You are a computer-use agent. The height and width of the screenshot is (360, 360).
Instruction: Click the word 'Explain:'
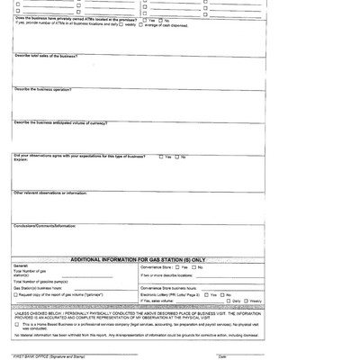21,161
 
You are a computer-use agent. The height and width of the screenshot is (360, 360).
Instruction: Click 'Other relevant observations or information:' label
49,193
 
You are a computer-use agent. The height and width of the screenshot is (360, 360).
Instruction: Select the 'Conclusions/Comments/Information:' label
44,226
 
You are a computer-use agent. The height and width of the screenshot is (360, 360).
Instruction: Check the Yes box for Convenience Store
177,267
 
